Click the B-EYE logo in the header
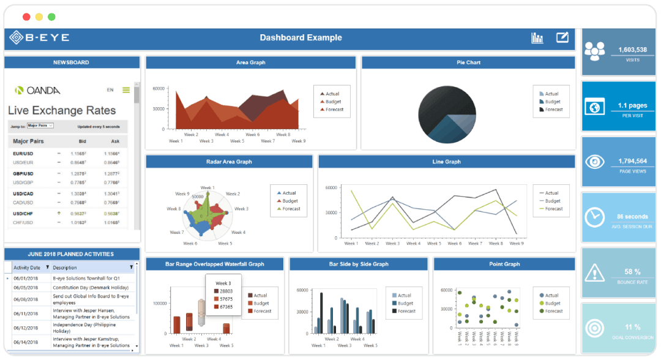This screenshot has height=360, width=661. [39, 38]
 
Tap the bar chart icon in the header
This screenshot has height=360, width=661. [537, 38]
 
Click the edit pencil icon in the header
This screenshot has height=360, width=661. [562, 38]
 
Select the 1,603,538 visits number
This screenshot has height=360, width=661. [632, 50]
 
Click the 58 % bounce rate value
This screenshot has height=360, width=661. [632, 271]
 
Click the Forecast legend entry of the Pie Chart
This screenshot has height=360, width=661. [554, 110]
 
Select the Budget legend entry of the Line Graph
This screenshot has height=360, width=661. [552, 201]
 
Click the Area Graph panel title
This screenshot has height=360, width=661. [250, 62]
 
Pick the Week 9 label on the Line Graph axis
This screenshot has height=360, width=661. [516, 243]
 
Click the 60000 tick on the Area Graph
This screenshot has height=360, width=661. [159, 88]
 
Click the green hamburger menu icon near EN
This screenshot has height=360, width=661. [126, 90]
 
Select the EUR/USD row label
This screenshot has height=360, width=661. [23, 154]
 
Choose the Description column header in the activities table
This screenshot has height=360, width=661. [65, 268]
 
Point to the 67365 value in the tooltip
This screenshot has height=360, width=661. [226, 307]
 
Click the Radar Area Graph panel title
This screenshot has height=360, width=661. [229, 162]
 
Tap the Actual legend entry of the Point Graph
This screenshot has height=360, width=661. [551, 295]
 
